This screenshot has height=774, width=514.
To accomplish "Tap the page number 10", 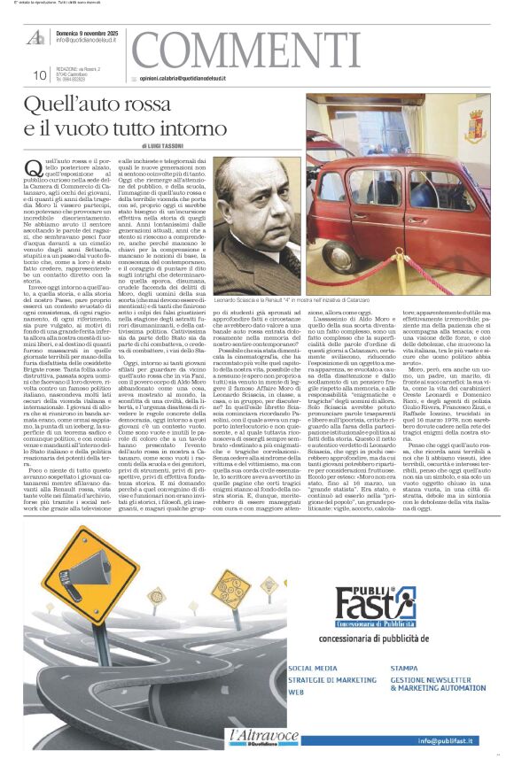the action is click(39, 75).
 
